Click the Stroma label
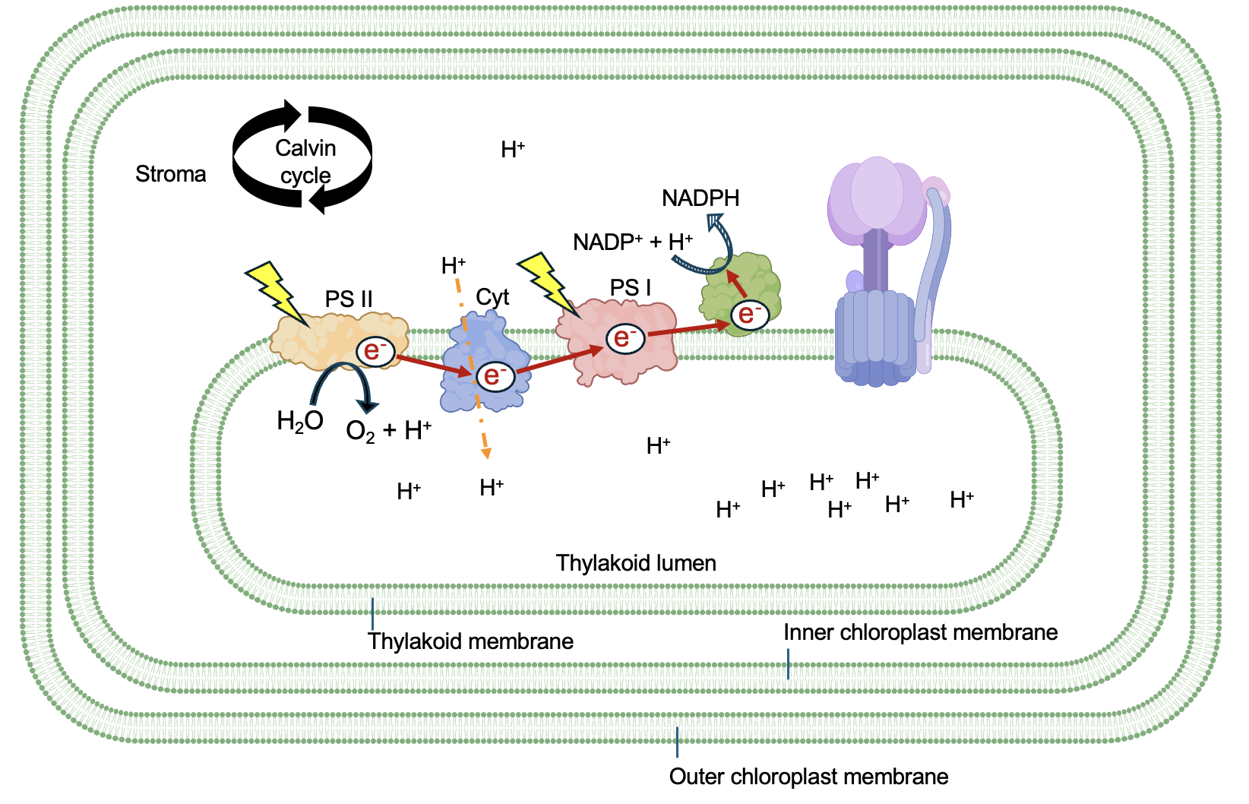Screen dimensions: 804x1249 click(x=170, y=174)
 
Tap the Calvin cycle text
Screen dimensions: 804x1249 click(x=305, y=161)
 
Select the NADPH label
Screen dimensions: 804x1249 click(x=700, y=198)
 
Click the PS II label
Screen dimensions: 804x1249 click(x=349, y=299)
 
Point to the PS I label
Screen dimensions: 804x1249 click(x=631, y=288)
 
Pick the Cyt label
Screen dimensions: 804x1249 click(x=492, y=297)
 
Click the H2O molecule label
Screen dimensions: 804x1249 click(x=300, y=421)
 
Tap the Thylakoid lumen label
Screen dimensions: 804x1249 click(x=636, y=563)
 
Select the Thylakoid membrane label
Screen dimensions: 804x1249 click(x=470, y=641)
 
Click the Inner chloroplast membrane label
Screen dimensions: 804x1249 click(x=920, y=632)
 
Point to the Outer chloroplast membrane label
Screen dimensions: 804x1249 click(x=808, y=777)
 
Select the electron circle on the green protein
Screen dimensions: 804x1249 click(x=748, y=314)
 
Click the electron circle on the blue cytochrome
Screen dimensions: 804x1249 click(x=495, y=375)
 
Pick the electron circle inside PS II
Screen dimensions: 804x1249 click(x=375, y=350)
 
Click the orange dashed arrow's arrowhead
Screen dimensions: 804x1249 click(x=486, y=454)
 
